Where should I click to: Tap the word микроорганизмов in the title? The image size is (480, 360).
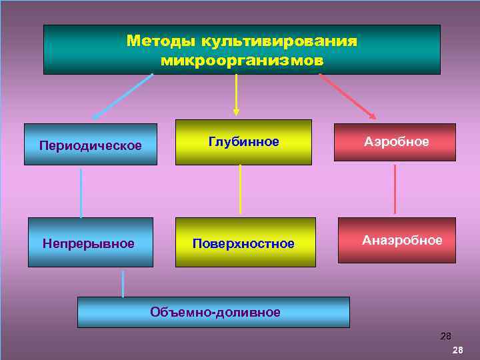pos(242,60)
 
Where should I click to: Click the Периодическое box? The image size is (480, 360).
pos(91,145)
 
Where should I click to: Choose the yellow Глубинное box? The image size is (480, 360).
pos(243,142)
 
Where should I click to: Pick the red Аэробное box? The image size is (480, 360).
pos(395,142)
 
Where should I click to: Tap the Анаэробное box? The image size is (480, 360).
pos(397,240)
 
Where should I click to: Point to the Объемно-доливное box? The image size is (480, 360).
pos(214,312)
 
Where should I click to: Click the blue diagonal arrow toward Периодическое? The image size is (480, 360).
pos(123,96)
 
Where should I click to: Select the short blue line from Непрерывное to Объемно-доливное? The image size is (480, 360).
pos(123,283)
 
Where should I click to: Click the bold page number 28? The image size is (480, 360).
pos(458,350)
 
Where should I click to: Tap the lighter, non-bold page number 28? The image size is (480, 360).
pos(446,337)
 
